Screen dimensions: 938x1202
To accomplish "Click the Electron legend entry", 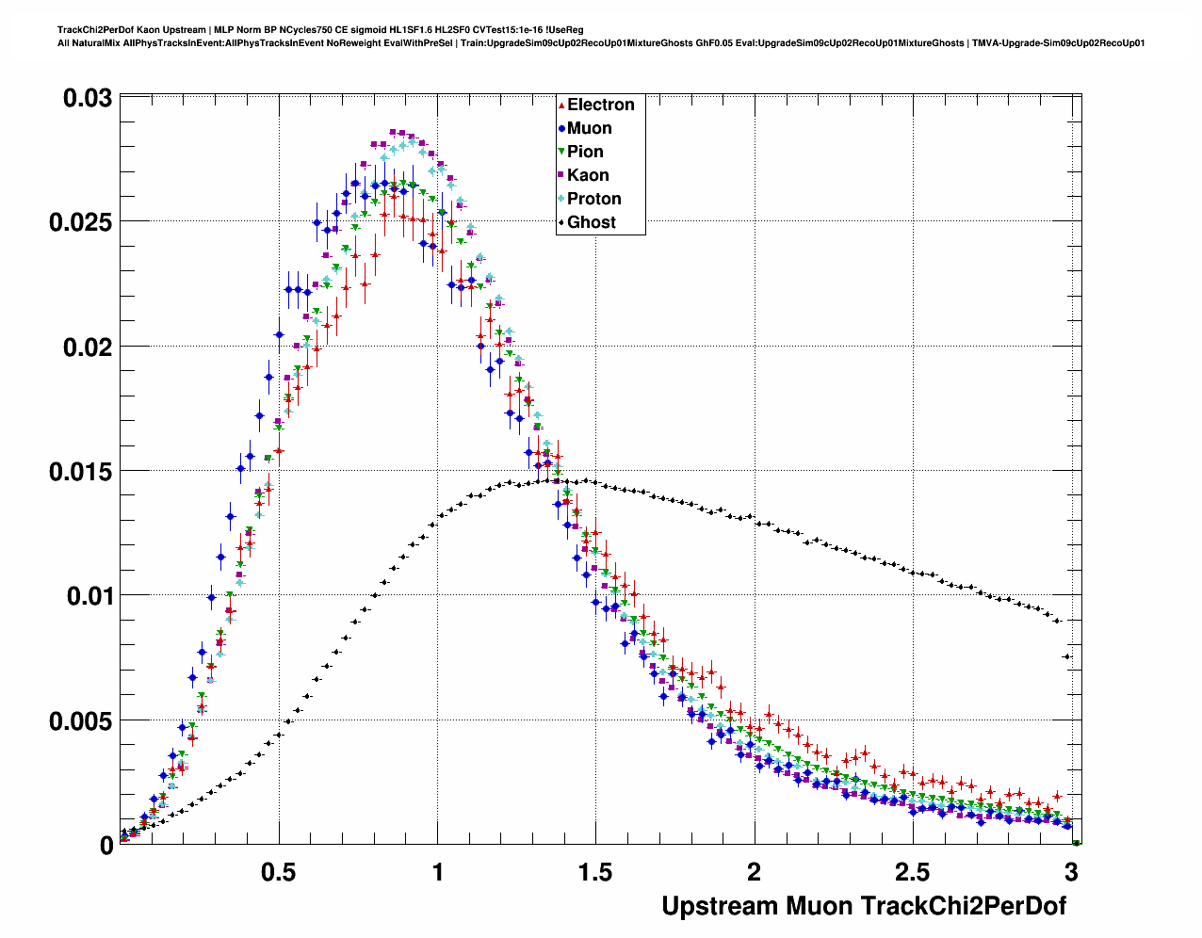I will coord(600,105).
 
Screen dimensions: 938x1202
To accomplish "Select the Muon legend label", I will coord(589,128).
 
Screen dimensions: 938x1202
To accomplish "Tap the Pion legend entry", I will coord(585,152).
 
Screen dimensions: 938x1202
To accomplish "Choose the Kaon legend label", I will coord(588,175).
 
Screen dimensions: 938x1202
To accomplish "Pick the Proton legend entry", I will coord(593,199).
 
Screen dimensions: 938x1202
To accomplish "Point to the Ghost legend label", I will coord(591,222).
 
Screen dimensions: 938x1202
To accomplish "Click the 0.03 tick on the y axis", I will coord(88,98).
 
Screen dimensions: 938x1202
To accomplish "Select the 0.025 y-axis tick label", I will coord(80,222).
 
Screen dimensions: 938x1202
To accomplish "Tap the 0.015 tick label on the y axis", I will coord(80,471).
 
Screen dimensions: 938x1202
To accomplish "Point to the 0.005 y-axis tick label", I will coord(80,720).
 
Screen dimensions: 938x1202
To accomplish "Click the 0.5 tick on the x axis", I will coord(279,872).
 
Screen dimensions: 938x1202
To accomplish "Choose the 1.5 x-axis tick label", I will coord(595,872).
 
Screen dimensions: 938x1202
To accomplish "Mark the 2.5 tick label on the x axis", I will coord(912,872).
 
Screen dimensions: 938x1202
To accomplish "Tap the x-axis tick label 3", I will coord(1071,872).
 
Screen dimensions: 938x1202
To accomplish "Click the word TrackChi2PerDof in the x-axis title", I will coord(964,906).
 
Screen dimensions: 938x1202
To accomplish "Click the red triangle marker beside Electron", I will coord(561,105).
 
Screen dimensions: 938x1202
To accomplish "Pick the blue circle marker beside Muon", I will coord(561,128).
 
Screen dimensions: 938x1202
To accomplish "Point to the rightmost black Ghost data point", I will coord(1076,843).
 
